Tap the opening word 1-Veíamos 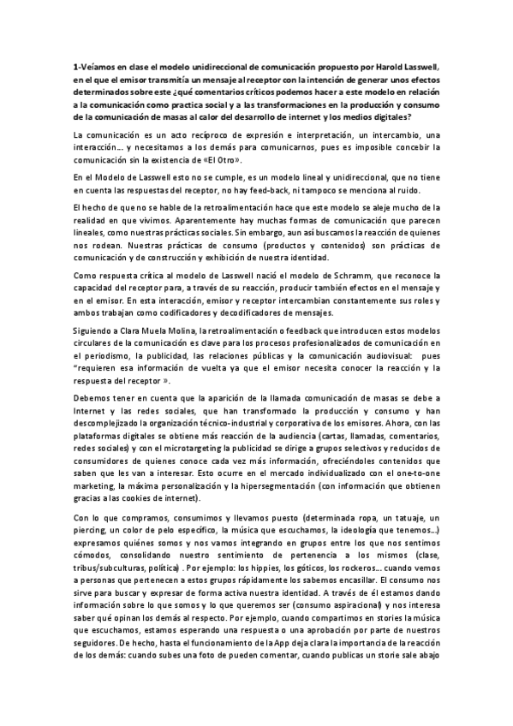95,64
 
